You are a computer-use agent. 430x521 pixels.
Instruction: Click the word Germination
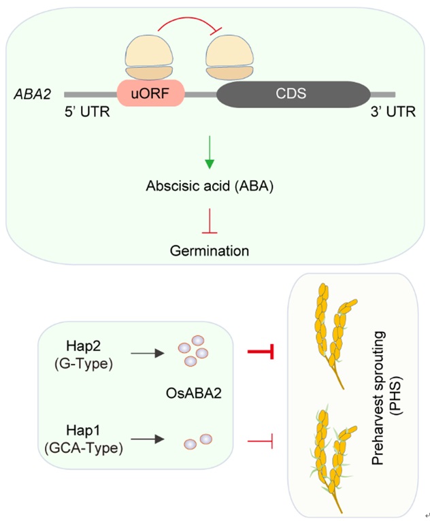click(x=210, y=250)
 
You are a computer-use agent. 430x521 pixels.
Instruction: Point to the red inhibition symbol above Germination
click(x=210, y=220)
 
